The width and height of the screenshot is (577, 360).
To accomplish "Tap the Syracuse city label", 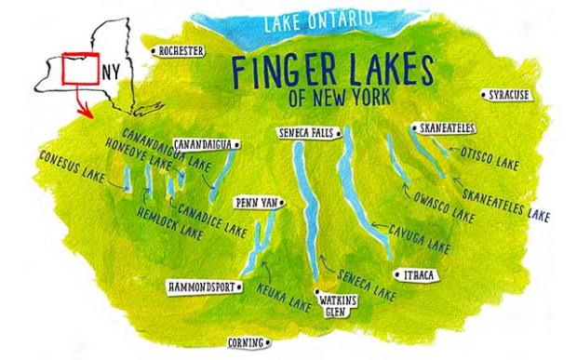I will pyautogui.click(x=508, y=95).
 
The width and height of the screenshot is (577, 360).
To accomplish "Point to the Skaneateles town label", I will pyautogui.click(x=442, y=127).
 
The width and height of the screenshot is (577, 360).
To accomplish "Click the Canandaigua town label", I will pyautogui.click(x=205, y=144).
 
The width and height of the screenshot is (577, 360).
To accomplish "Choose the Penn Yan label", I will pyautogui.click(x=254, y=202).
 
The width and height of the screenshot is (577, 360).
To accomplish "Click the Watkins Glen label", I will pyautogui.click(x=333, y=307).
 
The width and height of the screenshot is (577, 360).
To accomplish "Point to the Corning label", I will pyautogui.click(x=252, y=341).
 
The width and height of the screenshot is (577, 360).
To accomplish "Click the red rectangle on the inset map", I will pyautogui.click(x=77, y=71).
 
